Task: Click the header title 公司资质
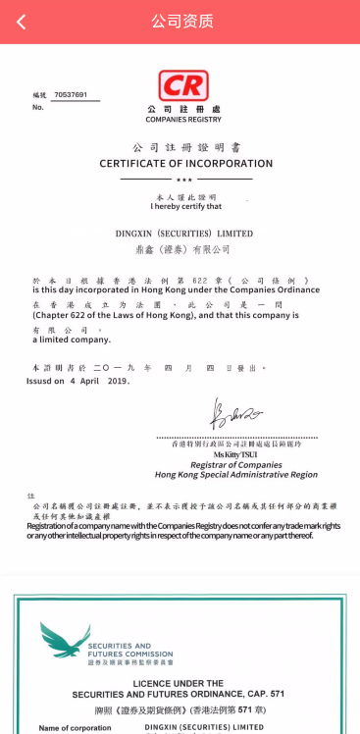click(x=181, y=22)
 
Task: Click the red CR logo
click(x=182, y=86)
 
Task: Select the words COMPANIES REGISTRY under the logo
click(x=183, y=119)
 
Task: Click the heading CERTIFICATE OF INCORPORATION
click(x=185, y=163)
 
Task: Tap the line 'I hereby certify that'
click(x=185, y=206)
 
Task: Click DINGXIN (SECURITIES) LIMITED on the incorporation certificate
click(x=183, y=234)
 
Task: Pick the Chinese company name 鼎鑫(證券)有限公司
click(x=183, y=250)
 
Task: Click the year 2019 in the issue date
click(x=118, y=380)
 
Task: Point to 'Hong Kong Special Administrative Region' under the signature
click(x=236, y=475)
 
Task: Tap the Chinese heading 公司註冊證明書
click(x=183, y=145)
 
